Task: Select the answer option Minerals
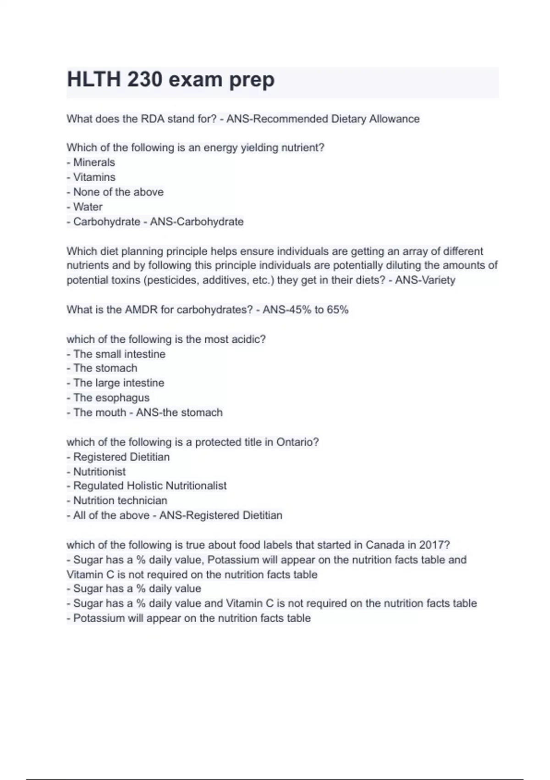(93, 162)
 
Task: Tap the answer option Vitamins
(94, 177)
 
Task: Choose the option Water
(88, 206)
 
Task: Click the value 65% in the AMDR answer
(338, 310)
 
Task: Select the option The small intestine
(119, 354)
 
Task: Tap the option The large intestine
(118, 383)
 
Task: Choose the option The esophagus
(111, 397)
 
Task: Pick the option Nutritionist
(99, 471)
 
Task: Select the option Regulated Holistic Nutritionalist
(149, 485)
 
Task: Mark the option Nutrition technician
(120, 500)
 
